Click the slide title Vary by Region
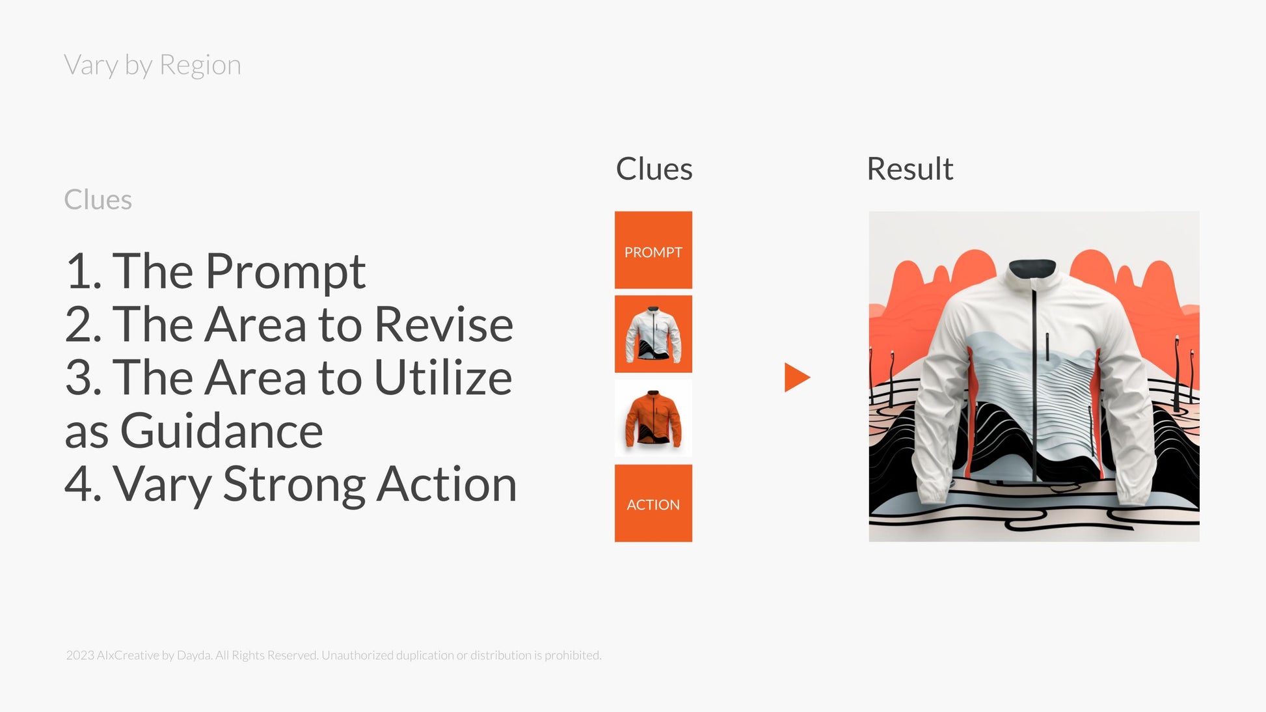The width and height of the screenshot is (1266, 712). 152,65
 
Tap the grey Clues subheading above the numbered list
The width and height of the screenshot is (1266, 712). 98,200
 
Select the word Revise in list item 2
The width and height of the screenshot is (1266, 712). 444,323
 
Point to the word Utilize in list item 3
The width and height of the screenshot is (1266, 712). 443,377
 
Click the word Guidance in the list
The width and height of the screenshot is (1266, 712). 222,431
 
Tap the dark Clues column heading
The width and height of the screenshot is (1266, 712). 654,169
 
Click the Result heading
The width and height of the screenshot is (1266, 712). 909,169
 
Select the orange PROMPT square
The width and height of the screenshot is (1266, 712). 653,250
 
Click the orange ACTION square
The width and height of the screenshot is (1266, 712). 653,503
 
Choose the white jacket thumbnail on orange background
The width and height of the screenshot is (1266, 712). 653,334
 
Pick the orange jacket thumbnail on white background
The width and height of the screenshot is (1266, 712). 653,418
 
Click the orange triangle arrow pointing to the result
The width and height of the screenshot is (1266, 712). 797,377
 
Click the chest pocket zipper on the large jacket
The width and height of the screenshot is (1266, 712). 1047,347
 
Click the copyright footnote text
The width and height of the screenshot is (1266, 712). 334,655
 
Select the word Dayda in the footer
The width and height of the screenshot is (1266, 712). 194,655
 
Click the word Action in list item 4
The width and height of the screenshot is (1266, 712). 447,484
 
